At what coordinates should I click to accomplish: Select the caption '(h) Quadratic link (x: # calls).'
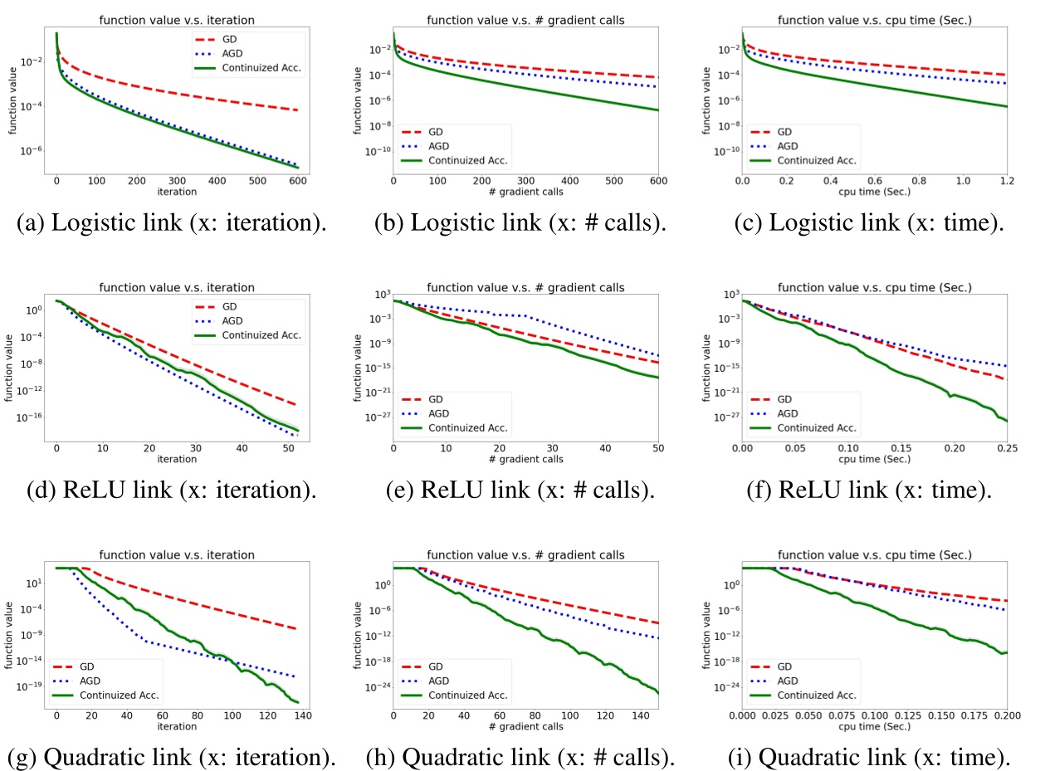(x=520, y=757)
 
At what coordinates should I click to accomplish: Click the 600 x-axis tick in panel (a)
(x=298, y=180)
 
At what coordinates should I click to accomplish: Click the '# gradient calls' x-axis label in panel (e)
(x=525, y=459)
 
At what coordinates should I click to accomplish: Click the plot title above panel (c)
(x=874, y=21)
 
